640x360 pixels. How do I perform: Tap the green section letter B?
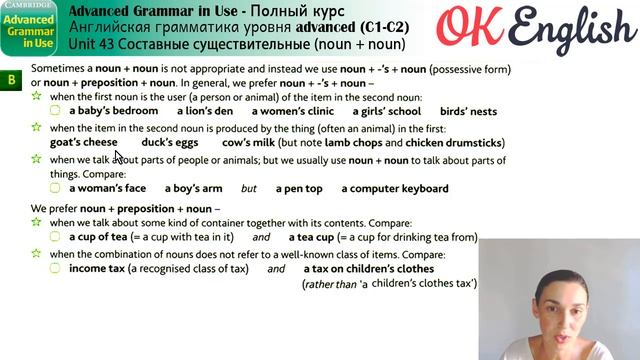click(11, 78)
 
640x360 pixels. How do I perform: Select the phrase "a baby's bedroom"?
click(118, 112)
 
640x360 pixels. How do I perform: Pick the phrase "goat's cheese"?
click(83, 143)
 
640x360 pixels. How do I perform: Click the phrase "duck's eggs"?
click(169, 143)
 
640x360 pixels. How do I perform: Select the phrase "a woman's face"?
click(108, 188)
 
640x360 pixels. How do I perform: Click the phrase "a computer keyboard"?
click(395, 188)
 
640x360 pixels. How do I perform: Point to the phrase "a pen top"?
click(299, 188)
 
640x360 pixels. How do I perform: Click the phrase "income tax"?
click(103, 268)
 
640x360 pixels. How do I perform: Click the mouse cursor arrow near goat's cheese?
click(117, 155)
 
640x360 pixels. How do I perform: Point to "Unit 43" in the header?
click(91, 44)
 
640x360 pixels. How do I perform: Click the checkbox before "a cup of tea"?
click(56, 237)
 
